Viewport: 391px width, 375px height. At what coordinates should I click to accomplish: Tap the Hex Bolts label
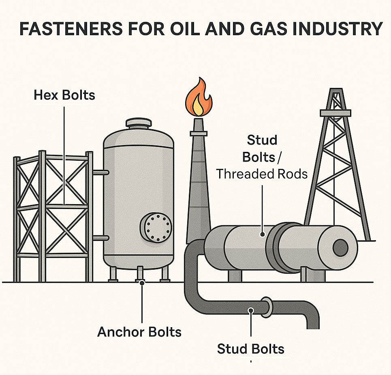point(64,95)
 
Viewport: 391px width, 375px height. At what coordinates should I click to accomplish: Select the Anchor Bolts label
point(139,332)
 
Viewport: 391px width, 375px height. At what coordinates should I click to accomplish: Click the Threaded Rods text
point(262,174)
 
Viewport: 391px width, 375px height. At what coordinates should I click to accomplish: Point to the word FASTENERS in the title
point(71,29)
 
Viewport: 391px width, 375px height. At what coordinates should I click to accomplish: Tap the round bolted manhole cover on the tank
point(156,227)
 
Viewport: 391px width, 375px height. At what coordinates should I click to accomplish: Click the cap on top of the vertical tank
point(139,123)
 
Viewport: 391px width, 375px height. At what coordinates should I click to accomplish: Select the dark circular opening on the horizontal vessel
point(340,248)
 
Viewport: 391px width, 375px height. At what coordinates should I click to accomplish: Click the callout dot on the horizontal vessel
point(262,234)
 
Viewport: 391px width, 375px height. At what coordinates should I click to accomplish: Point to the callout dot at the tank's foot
point(142,283)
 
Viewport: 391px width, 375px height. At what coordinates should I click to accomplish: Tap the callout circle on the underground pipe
point(251,311)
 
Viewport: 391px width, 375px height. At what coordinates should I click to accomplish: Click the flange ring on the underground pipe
point(267,307)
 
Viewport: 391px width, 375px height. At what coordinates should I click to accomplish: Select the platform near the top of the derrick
point(335,113)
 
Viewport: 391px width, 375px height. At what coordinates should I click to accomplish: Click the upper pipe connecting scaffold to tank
point(101,173)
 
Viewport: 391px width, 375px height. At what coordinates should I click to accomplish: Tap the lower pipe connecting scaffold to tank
point(101,238)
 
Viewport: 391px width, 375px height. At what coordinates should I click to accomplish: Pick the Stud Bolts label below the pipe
point(251,349)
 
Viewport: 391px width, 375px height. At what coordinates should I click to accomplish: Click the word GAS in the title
point(266,29)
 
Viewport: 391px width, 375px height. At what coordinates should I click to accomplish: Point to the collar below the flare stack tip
point(199,133)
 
